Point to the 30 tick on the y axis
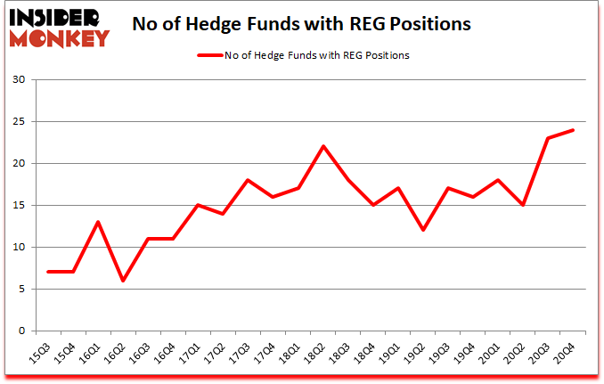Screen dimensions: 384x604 (19, 80)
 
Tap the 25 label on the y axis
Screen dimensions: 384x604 (19, 122)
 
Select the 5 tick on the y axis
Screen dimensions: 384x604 (21, 289)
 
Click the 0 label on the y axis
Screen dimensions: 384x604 (21, 331)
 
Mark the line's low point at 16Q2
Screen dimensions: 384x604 (124, 281)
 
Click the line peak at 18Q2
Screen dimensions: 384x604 (322, 146)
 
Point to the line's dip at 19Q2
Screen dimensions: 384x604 (422, 230)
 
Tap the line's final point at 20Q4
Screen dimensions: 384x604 (572, 130)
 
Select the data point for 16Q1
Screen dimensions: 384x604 (99, 222)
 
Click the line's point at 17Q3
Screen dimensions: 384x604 (249, 180)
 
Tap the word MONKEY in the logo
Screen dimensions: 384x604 (62, 38)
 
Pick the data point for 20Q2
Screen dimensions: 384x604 (522, 205)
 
